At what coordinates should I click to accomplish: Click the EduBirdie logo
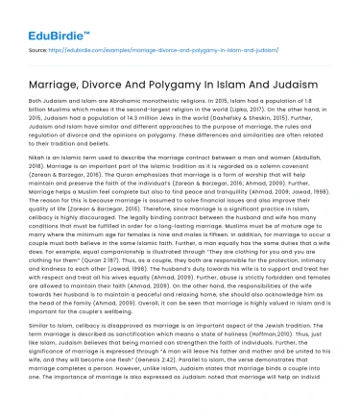click(37, 18)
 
